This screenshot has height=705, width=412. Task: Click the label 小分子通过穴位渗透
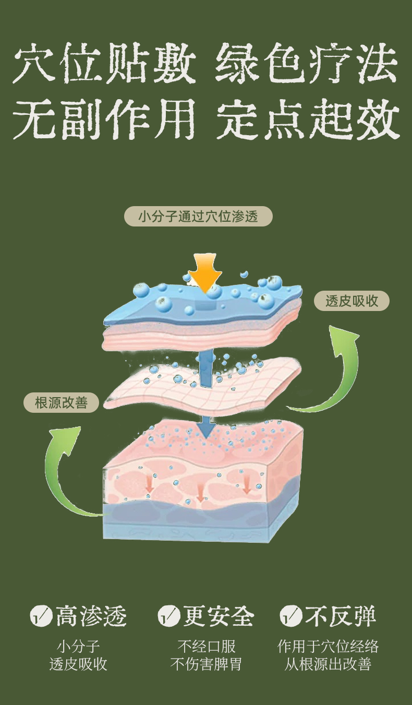(x=198, y=216)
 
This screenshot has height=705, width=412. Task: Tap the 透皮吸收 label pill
(x=352, y=301)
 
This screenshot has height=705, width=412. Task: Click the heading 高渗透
(x=91, y=616)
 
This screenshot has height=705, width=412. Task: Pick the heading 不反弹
(x=340, y=616)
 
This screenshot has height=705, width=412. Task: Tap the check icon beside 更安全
(x=168, y=616)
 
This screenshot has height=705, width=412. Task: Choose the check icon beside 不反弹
(x=291, y=616)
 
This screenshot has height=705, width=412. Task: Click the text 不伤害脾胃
(x=206, y=664)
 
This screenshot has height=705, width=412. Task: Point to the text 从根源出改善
(x=328, y=664)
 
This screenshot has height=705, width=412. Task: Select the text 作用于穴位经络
(x=328, y=647)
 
